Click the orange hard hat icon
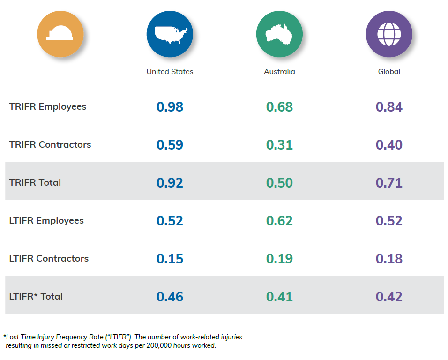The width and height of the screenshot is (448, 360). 60,34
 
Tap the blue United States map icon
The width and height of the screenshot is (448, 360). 170,34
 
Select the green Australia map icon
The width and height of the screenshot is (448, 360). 279,34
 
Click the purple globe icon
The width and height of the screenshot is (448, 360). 389,34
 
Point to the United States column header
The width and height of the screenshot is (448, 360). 170,71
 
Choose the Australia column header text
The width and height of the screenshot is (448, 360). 279,71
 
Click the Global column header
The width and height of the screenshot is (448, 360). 389,71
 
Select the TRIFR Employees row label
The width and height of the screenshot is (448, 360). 48,107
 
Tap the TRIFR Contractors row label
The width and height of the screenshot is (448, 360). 50,144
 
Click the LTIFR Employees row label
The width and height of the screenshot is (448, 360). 46,221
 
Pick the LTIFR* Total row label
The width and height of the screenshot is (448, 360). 36,296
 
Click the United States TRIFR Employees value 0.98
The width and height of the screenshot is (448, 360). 170,107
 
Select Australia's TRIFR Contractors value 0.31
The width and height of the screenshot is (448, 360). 279,144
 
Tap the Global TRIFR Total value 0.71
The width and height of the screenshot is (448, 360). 389,182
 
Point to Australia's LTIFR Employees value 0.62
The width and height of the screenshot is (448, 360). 279,221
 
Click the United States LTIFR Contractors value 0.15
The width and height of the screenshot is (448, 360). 170,259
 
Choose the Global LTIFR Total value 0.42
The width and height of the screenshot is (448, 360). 389,297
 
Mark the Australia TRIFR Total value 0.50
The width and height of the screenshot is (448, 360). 279,182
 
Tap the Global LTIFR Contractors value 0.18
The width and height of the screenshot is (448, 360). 389,259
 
